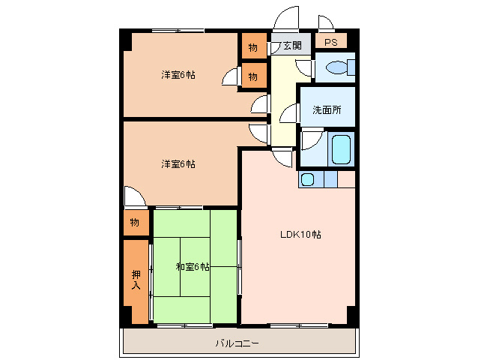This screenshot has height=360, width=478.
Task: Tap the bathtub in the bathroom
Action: coord(342,148)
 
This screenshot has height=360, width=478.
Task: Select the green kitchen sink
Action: coord(307,179)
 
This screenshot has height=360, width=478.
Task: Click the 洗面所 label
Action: coord(327,110)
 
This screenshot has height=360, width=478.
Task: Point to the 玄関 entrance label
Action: coord(291,46)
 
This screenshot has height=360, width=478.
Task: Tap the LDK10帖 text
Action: coord(300,235)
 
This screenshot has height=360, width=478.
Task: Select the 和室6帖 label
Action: coord(193,266)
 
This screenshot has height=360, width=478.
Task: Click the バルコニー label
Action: coord(238,343)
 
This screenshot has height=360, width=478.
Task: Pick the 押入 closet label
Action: coord(136,280)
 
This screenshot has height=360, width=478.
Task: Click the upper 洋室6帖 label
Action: coord(178,75)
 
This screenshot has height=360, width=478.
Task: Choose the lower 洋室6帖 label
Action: coord(178,163)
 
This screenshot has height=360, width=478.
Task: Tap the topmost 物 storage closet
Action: coord(253,47)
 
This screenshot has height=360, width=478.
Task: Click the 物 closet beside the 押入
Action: coord(135,223)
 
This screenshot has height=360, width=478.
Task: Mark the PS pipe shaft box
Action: coord(330,42)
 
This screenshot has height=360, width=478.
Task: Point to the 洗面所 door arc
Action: coord(289,114)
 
